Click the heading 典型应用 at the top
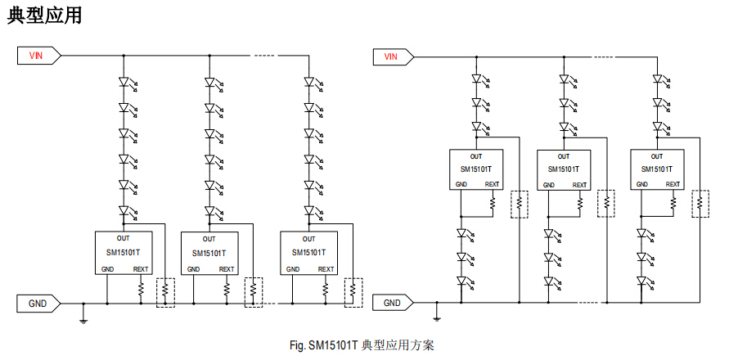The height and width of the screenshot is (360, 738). [44, 16]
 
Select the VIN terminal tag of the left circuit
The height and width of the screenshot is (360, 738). [37, 56]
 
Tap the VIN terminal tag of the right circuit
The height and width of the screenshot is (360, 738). [391, 56]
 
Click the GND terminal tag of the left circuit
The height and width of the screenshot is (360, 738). [38, 303]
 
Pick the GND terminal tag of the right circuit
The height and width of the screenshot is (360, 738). [392, 303]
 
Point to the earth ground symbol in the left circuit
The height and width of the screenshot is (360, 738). [83, 317]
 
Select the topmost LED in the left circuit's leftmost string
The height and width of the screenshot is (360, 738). [124, 82]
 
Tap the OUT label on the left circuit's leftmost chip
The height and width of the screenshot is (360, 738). [123, 239]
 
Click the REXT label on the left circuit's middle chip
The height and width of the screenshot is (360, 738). [227, 269]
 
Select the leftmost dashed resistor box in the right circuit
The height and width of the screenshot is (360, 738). [519, 204]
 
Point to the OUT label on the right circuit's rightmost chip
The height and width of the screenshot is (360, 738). [657, 155]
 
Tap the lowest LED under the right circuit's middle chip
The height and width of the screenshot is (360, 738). [549, 281]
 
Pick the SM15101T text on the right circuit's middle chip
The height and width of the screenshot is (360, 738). [564, 170]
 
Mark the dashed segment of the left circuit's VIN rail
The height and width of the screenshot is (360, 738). [263, 56]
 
